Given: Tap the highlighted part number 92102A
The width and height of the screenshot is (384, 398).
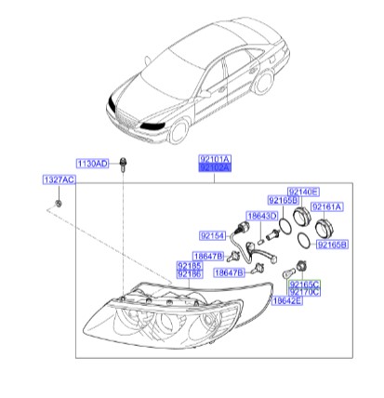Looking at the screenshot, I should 214,170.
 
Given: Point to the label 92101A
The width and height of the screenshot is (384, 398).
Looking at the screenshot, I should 214,160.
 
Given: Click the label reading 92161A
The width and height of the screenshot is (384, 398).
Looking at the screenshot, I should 326,206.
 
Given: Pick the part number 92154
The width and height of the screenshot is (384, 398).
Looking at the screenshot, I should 213,235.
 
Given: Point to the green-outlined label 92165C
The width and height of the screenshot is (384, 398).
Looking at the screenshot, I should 304,283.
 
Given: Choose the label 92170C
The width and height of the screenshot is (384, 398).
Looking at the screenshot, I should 304,292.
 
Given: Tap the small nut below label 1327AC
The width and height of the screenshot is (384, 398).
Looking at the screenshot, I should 59,202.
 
